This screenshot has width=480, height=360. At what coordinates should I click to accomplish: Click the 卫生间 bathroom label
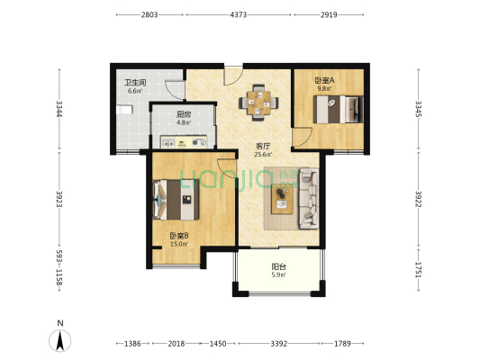pyautogui.click(x=135, y=82)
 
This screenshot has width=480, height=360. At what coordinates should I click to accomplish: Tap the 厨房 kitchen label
pyautogui.click(x=184, y=114)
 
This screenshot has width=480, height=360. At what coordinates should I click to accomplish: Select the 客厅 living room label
pyautogui.click(x=263, y=146)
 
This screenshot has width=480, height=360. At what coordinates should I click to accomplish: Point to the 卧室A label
pyautogui.click(x=324, y=80)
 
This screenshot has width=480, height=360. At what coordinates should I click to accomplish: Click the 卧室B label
pyautogui.click(x=179, y=236)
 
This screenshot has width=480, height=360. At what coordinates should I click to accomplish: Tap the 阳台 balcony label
pyautogui.click(x=278, y=266)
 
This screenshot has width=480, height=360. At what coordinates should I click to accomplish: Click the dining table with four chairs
pyautogui.click(x=258, y=103)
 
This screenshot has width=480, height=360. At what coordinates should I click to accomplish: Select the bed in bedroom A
pyautogui.click(x=339, y=110)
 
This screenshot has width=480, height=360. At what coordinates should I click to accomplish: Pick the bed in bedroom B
pyautogui.click(x=176, y=200)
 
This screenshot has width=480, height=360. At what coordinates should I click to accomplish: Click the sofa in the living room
pyautogui.click(x=309, y=199)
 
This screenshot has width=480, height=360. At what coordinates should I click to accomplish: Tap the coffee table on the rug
pyautogui.click(x=282, y=199)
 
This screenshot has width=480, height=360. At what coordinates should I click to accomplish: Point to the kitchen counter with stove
pyautogui.click(x=184, y=142)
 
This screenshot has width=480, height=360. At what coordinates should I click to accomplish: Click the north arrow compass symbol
pyautogui.click(x=60, y=340)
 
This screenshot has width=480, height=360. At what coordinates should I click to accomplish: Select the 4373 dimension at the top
pyautogui.click(x=238, y=14)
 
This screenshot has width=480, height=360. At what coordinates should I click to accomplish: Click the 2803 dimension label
pyautogui.click(x=149, y=14)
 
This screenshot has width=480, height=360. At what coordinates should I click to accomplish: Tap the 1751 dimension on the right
pyautogui.click(x=419, y=269)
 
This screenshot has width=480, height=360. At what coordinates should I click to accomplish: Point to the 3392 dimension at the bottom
pyautogui.click(x=279, y=344)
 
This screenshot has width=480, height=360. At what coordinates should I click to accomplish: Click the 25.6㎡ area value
pyautogui.click(x=263, y=155)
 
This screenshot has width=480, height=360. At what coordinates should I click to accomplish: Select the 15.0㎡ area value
pyautogui.click(x=179, y=244)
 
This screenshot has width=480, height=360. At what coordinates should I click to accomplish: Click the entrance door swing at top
pyautogui.click(x=233, y=76)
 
